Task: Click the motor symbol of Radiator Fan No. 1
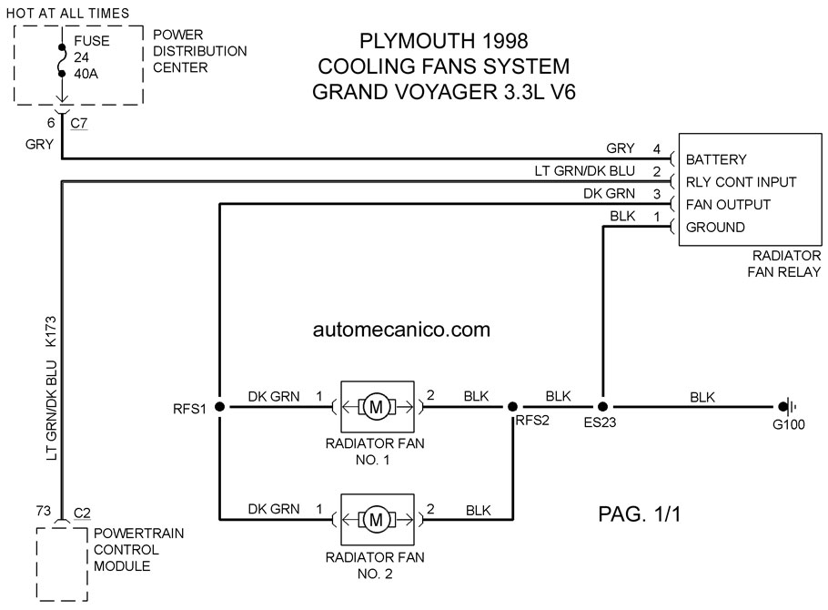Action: point(376,407)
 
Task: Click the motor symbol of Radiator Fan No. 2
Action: point(376,520)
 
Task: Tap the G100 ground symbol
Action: point(789,407)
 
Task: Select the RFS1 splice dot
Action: point(219,406)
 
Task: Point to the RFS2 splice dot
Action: point(512,406)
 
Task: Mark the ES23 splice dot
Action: point(602,406)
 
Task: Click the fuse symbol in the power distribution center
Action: point(62,61)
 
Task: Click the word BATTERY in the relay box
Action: point(716,159)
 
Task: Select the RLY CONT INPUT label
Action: point(741,182)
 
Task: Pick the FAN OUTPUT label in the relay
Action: point(728,205)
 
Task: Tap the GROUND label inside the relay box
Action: point(715,228)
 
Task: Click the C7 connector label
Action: point(78,123)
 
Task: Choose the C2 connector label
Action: point(82,513)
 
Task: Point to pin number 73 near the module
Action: point(44,511)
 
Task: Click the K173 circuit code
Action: point(51,331)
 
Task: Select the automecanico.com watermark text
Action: point(401,330)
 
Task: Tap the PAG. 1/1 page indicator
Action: point(640,513)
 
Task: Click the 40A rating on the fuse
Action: point(86,74)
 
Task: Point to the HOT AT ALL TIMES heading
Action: point(67,14)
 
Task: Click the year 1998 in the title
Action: point(504,41)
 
